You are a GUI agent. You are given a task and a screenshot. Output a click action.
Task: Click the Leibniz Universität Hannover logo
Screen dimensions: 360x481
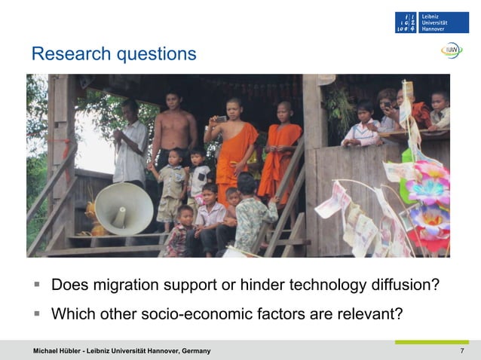tap(431, 22)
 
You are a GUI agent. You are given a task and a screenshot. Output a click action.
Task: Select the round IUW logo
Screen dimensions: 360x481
tap(452, 50)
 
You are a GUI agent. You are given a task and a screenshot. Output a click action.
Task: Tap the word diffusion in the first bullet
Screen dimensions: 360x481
tap(403, 286)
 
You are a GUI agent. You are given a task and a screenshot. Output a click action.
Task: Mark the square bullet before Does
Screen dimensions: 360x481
tap(35, 286)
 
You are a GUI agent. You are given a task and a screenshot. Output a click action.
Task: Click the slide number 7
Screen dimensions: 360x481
tap(461, 352)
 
